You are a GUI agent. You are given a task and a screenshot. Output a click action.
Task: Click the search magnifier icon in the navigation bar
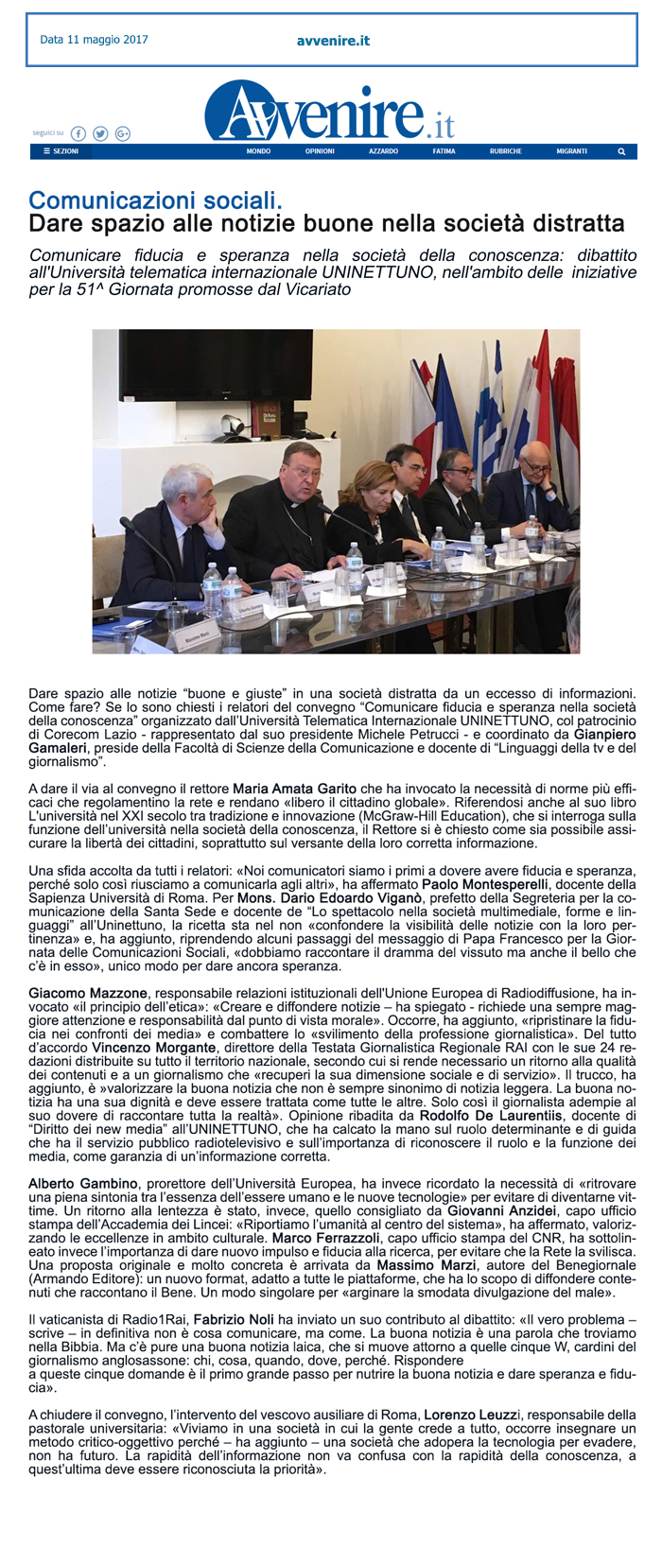point(621,151)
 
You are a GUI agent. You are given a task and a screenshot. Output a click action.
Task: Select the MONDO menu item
point(258,151)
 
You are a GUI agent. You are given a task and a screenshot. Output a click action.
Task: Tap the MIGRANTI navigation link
point(571,151)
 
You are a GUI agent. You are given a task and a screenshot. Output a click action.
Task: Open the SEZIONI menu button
point(61,151)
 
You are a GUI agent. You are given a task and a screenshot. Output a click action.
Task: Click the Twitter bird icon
point(100,134)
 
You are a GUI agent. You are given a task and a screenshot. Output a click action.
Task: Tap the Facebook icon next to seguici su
point(78,134)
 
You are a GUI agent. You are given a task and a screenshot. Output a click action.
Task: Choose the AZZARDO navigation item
point(383,151)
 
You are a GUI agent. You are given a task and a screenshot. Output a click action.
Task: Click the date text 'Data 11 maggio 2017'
point(94,40)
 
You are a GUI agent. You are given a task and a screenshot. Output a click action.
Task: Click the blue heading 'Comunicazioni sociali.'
point(155,200)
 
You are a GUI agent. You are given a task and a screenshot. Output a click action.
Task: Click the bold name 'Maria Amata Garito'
point(295,789)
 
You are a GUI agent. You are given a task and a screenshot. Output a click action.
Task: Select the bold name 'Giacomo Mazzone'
point(88,993)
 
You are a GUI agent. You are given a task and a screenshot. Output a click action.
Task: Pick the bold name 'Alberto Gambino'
point(84,1183)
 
